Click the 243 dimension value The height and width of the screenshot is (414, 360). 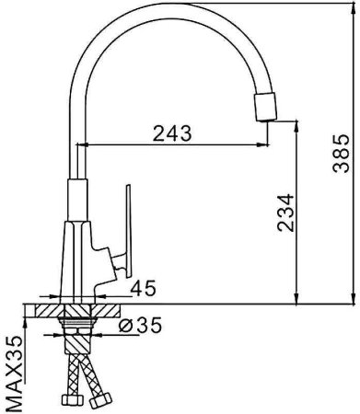point(172,133)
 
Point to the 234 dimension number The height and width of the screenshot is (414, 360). point(285,213)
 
